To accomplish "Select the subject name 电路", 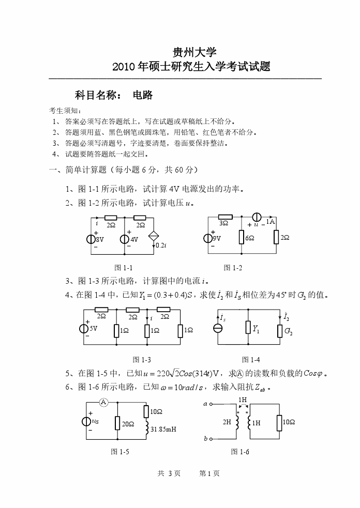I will click(143, 95).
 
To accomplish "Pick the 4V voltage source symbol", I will click(125, 239).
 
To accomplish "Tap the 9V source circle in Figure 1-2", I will click(209, 238).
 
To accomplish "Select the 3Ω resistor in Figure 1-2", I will click(224, 218).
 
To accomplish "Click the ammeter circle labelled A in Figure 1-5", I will click(103, 402).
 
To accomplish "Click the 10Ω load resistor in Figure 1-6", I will click(280, 422).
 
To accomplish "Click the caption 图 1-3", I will click(142, 359).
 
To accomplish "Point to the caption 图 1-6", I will click(240, 452).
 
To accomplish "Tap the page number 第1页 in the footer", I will click(209, 473).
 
